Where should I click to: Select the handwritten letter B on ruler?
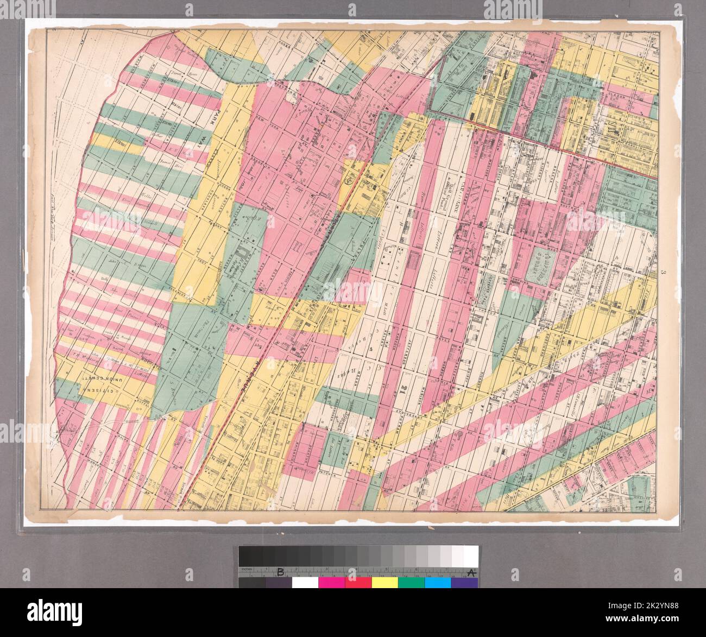(x=281, y=572)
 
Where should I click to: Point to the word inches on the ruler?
(x=245, y=570)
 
